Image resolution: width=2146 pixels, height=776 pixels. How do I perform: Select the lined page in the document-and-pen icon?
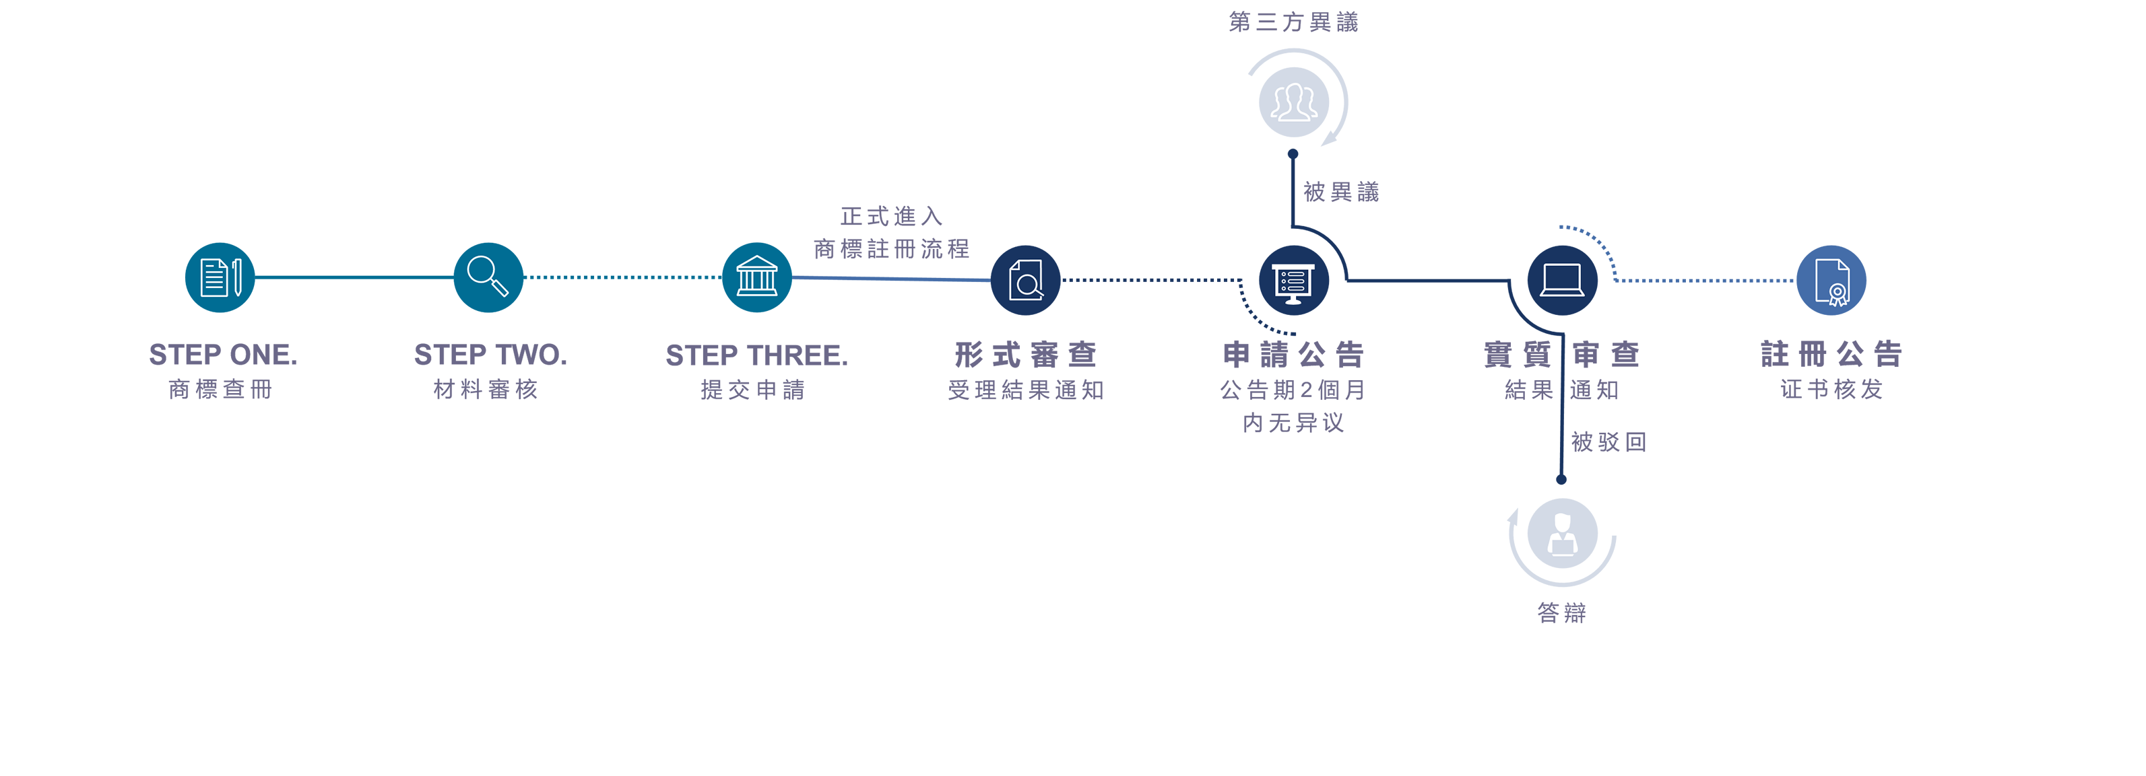(x=214, y=278)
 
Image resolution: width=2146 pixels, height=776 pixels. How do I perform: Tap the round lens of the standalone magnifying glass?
(x=482, y=269)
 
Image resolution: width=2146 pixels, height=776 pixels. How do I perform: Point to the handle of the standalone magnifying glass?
(x=500, y=288)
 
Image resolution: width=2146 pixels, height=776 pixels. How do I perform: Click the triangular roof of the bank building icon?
(x=756, y=263)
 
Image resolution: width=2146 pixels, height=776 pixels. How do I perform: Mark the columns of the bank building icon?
(x=756, y=281)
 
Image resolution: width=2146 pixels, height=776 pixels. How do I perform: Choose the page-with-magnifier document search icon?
(x=1026, y=280)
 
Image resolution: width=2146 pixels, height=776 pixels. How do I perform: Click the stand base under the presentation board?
(x=1293, y=301)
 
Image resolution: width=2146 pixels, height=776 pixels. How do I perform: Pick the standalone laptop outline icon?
(x=1562, y=280)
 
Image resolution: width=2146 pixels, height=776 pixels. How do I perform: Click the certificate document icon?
(x=1832, y=281)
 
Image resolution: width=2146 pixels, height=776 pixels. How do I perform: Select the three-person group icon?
(x=1293, y=102)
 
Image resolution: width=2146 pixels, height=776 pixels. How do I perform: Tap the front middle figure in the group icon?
(x=1293, y=104)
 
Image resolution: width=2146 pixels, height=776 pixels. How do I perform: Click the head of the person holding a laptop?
(x=1562, y=521)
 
